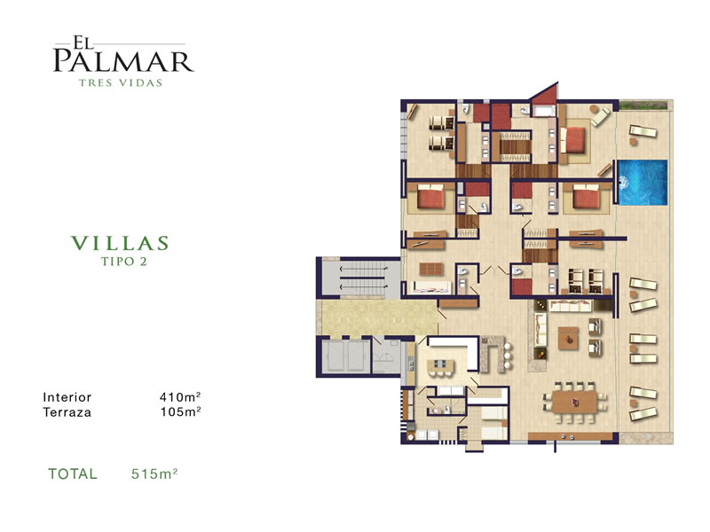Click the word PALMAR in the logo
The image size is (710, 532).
123,61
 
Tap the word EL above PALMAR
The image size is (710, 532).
82,43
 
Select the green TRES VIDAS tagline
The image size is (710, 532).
121,82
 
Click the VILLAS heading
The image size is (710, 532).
120,243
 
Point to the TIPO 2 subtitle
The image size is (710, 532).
123,262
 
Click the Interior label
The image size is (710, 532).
67,397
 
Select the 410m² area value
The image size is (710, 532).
180,396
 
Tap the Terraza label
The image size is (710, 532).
67,412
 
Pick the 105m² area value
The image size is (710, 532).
180,411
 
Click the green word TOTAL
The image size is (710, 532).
73,473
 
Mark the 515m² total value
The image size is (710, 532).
154,473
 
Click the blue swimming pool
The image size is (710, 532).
643,183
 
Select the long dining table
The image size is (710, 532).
574,403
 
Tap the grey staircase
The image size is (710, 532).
363,278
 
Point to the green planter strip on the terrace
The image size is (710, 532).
643,105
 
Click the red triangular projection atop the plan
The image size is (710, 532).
548,94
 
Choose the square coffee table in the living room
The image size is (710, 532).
568,339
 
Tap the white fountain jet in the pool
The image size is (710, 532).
623,183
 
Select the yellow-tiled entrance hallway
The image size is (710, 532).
380,317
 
